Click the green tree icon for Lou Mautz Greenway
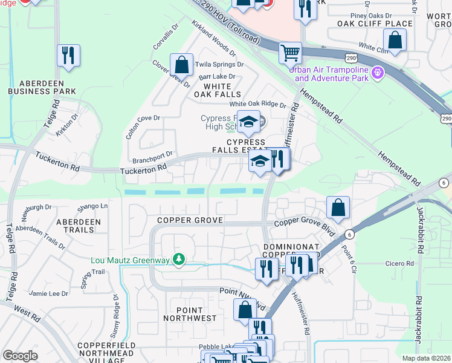click(x=178, y=260)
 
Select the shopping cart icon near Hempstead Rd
click(x=290, y=53)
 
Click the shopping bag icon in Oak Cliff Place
click(x=395, y=41)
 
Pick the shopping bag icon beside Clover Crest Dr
click(x=181, y=64)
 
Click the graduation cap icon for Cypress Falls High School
click(x=248, y=122)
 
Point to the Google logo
click(x=21, y=356)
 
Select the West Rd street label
click(x=26, y=315)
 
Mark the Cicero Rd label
click(x=401, y=264)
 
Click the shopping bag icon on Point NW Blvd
click(x=245, y=310)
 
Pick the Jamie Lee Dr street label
click(x=49, y=293)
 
